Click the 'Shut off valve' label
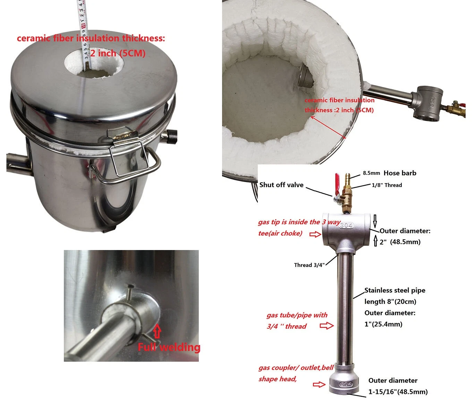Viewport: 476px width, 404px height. click(281, 185)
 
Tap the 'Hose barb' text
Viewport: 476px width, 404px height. click(400, 173)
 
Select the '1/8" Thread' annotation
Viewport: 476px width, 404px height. click(387, 185)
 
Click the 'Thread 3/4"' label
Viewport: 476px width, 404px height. click(309, 265)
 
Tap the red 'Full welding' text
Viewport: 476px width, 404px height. click(169, 347)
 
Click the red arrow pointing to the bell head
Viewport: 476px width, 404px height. click(319, 384)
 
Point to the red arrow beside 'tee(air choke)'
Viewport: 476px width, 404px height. click(315, 234)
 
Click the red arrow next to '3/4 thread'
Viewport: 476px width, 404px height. click(327, 326)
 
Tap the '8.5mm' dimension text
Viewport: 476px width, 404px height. click(372, 173)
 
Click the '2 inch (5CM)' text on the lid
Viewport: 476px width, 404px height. click(118, 53)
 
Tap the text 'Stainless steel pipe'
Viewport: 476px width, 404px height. click(395, 290)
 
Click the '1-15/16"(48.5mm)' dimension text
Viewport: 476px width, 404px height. click(398, 392)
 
